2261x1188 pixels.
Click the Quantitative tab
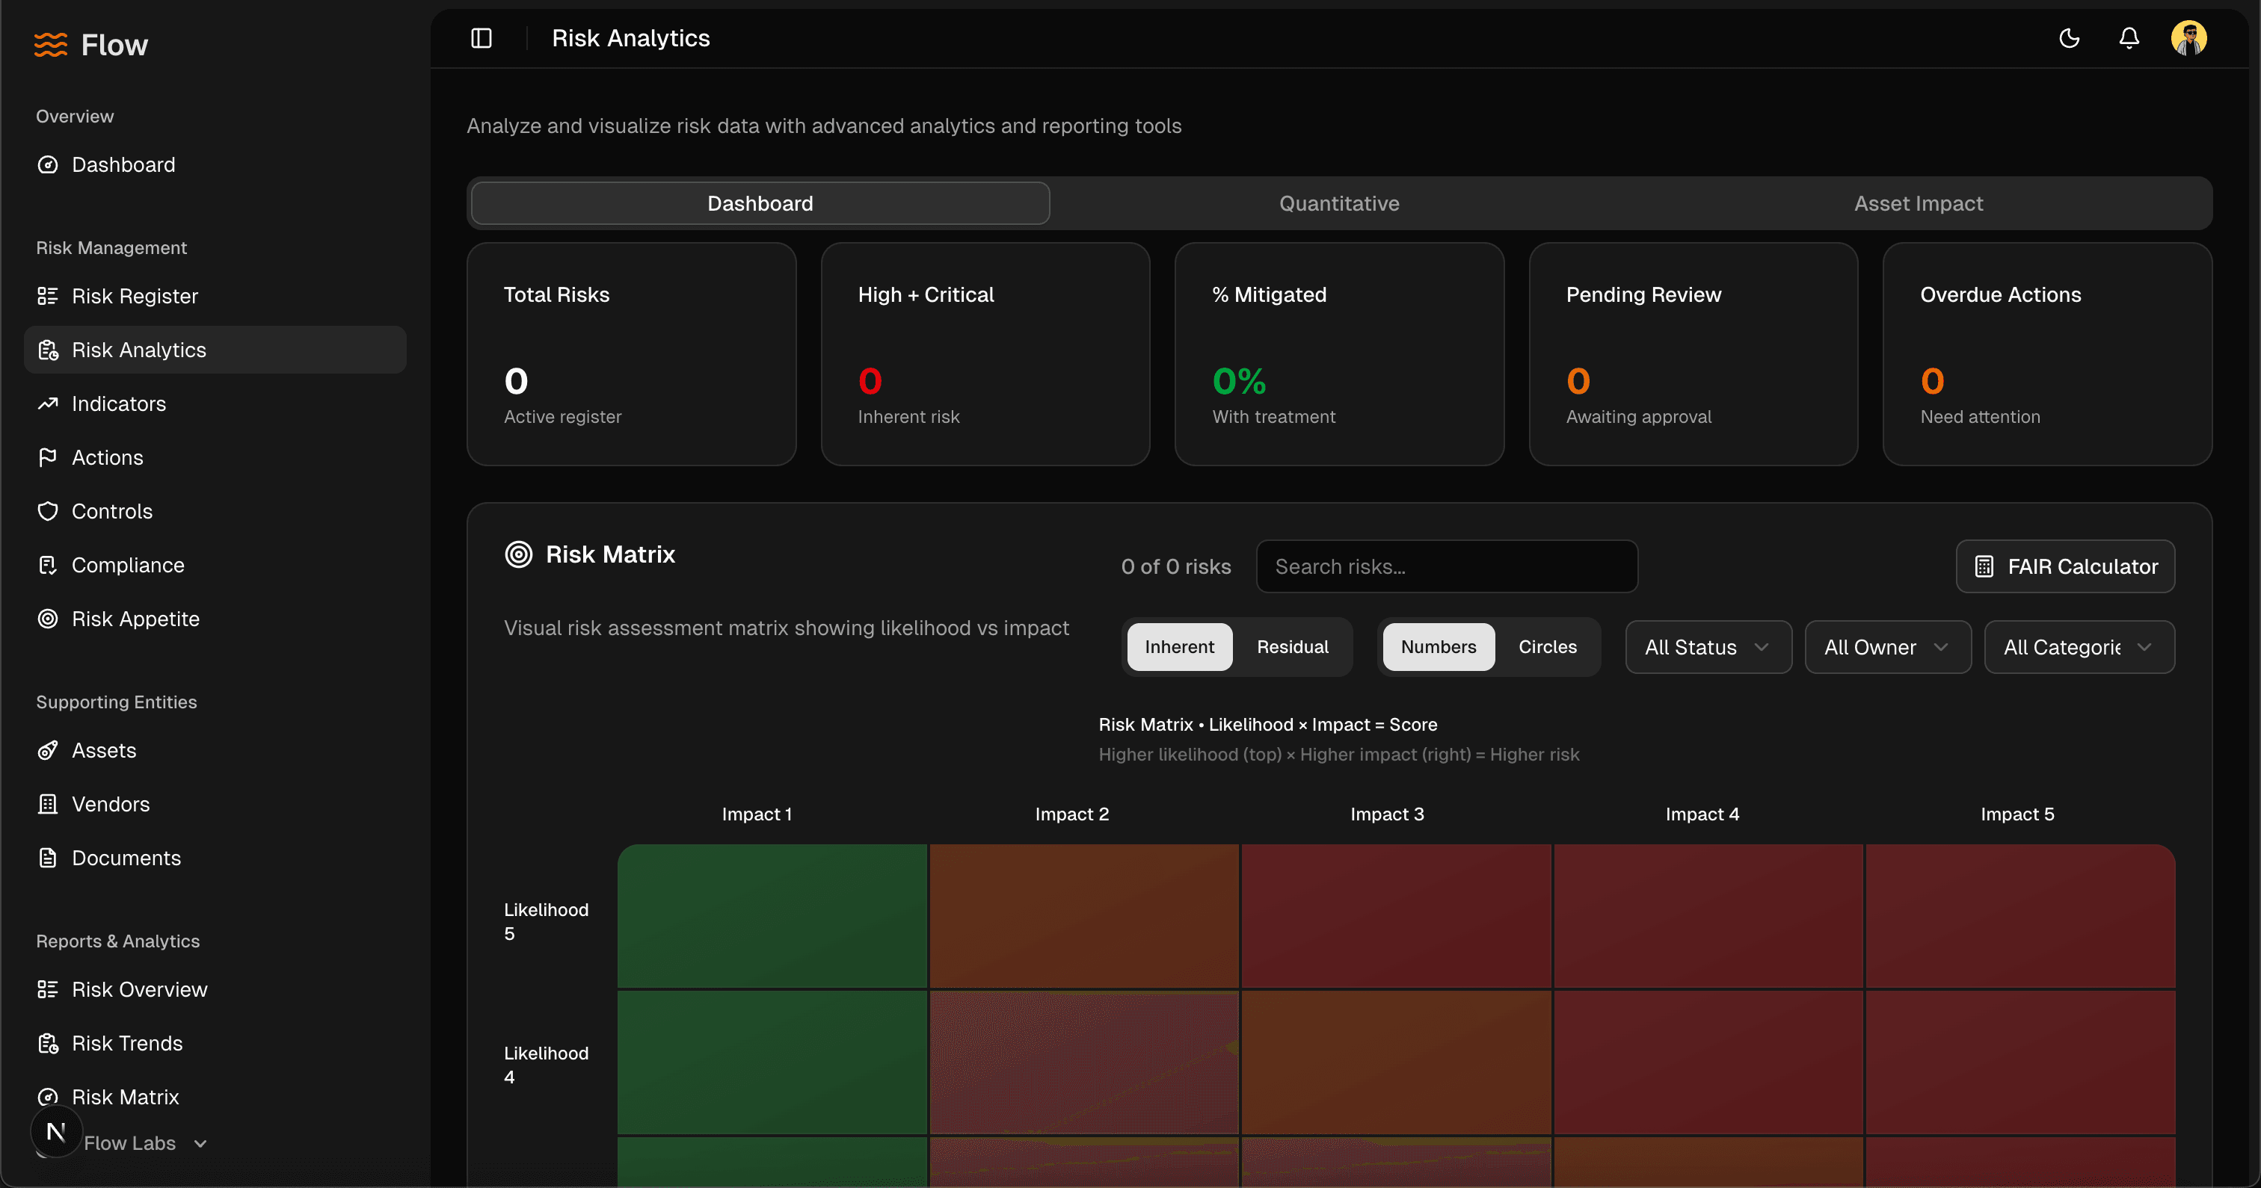pyautogui.click(x=1338, y=203)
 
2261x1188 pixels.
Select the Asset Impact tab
pyautogui.click(x=1918, y=203)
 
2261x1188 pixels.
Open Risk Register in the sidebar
pyautogui.click(x=135, y=297)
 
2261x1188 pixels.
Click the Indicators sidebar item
pyautogui.click(x=118, y=403)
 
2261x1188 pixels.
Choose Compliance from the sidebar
pyautogui.click(x=127, y=565)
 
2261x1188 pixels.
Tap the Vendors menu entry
pyautogui.click(x=111, y=805)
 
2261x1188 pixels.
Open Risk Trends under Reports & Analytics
pyautogui.click(x=126, y=1043)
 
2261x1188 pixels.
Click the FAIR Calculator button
pyautogui.click(x=2065, y=567)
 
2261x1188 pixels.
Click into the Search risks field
pyautogui.click(x=1447, y=567)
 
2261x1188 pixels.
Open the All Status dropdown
pyautogui.click(x=1707, y=648)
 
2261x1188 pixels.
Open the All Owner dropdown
pyautogui.click(x=1887, y=648)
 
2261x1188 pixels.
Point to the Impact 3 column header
pyautogui.click(x=1387, y=814)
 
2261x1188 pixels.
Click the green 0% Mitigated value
pyautogui.click(x=1238, y=382)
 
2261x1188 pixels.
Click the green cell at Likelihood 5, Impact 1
pyautogui.click(x=772, y=916)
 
